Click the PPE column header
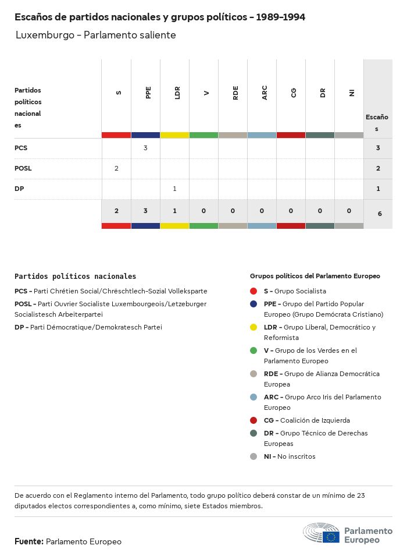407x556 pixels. tap(148, 93)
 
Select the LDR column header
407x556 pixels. tap(177, 93)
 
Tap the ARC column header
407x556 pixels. tap(265, 93)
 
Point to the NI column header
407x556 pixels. tap(352, 93)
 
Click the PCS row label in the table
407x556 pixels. tap(21, 148)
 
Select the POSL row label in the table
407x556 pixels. tap(23, 168)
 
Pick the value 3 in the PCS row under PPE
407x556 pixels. tap(145, 148)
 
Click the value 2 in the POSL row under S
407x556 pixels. tap(116, 168)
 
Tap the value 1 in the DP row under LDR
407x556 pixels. tap(174, 189)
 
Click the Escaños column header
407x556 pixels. tap(377, 123)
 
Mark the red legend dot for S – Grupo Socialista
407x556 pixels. tap(254, 291)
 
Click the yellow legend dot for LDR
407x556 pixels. tap(254, 327)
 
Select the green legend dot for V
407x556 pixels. tap(254, 350)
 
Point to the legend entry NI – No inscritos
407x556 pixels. tap(290, 456)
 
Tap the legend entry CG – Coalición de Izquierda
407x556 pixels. tap(306, 420)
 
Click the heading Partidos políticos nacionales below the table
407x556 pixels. tap(75, 277)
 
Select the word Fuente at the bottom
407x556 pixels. tap(28, 541)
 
